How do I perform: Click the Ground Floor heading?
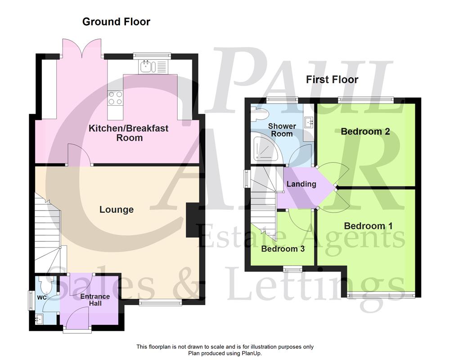pyautogui.click(x=116, y=22)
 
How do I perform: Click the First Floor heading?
pyautogui.click(x=332, y=80)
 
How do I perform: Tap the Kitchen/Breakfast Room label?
pyautogui.click(x=128, y=133)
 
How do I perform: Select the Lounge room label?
pyautogui.click(x=117, y=209)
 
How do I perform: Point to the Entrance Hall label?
pyautogui.click(x=95, y=300)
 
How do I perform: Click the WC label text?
pyautogui.click(x=42, y=298)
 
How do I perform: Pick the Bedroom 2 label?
pyautogui.click(x=365, y=131)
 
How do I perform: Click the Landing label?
pyautogui.click(x=301, y=184)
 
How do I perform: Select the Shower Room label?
pyautogui.click(x=282, y=130)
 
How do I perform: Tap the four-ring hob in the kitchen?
pyautogui.click(x=115, y=98)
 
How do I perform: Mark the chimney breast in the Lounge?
pyautogui.click(x=193, y=220)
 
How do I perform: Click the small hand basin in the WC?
pyautogui.click(x=39, y=320)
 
